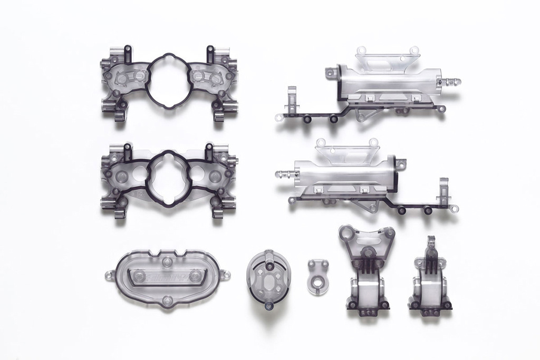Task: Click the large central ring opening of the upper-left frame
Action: click(x=168, y=81)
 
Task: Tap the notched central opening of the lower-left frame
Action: click(x=168, y=177)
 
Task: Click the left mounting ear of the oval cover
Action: click(x=109, y=275)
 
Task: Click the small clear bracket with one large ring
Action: click(x=319, y=276)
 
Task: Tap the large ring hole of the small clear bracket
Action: click(x=318, y=284)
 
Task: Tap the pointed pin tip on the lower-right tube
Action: click(x=280, y=173)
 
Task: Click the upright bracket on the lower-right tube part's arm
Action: click(x=443, y=189)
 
